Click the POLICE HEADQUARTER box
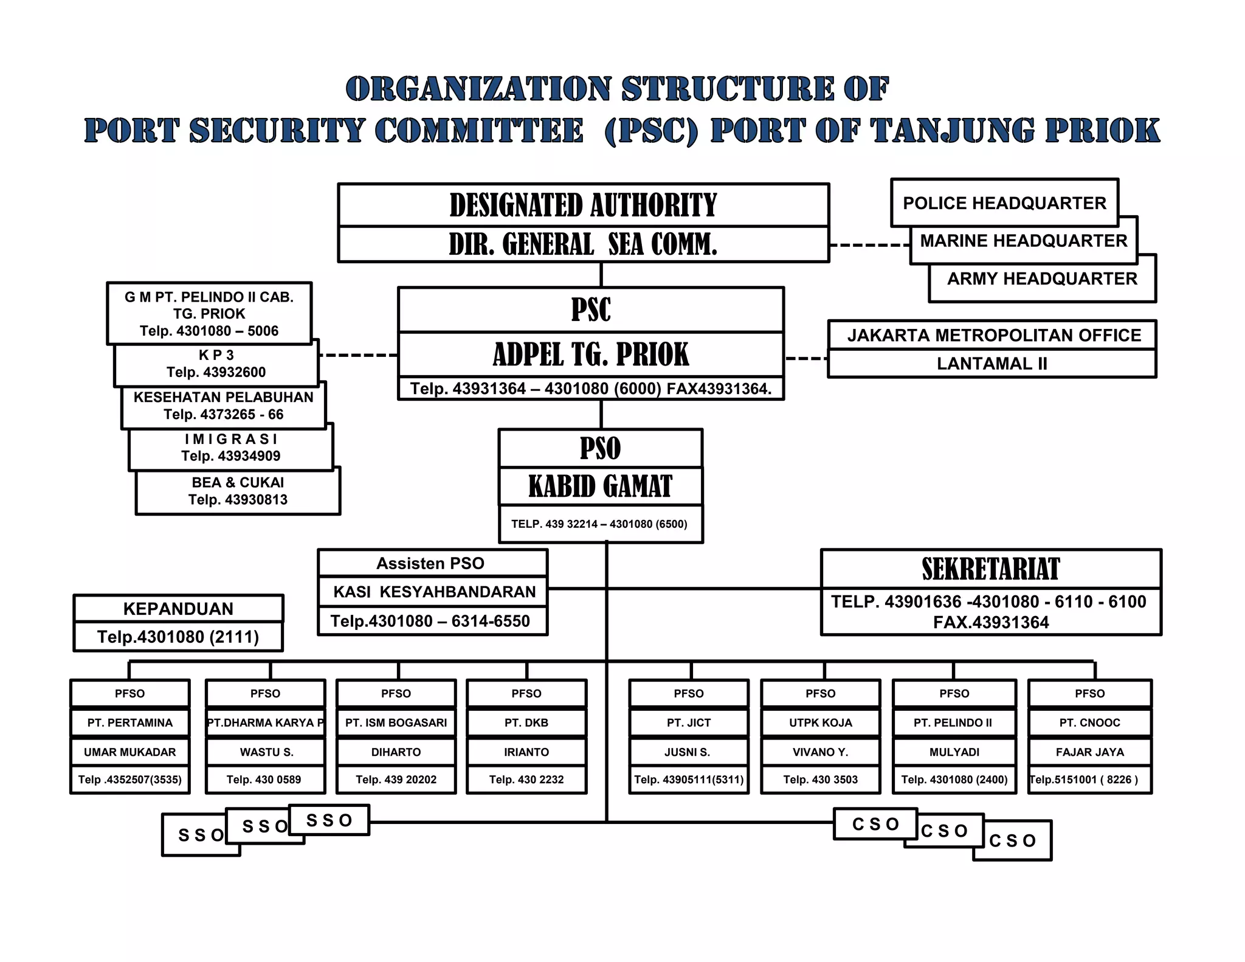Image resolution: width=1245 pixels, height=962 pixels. click(x=1004, y=203)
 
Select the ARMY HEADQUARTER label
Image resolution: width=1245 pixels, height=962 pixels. click(x=1042, y=279)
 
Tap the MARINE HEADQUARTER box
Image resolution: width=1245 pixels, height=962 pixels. click(x=1024, y=241)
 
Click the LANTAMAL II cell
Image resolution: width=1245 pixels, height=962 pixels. click(x=992, y=364)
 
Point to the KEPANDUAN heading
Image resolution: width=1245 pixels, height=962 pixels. click(x=178, y=609)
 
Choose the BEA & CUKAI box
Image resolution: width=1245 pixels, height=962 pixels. click(x=238, y=491)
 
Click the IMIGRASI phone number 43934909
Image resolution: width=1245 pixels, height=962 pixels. click(x=231, y=456)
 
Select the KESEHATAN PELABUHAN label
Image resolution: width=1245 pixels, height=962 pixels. click(x=223, y=397)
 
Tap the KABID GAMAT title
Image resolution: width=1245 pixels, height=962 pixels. click(x=600, y=486)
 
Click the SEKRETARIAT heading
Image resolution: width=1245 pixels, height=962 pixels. click(x=990, y=569)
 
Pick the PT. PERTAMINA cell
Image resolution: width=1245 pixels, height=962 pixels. click(x=129, y=722)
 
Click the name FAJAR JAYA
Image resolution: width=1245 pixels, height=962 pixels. click(x=1089, y=752)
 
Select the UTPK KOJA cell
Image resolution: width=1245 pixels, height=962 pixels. click(x=820, y=722)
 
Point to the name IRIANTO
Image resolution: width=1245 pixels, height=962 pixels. click(x=526, y=752)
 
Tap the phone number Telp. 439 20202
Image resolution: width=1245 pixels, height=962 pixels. click(x=396, y=780)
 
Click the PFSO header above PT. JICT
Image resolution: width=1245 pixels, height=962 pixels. click(x=688, y=694)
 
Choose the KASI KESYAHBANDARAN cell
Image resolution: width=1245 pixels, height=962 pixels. click(x=434, y=592)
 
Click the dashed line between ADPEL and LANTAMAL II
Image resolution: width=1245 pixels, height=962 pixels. click(x=806, y=358)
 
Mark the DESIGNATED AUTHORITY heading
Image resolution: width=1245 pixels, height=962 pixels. click(x=583, y=206)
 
